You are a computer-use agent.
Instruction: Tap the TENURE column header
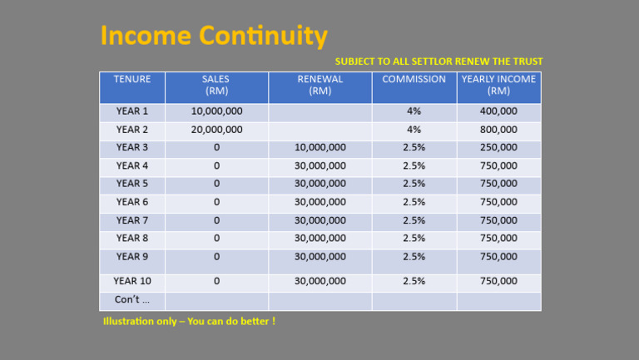[132, 80]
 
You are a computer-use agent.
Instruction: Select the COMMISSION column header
[414, 80]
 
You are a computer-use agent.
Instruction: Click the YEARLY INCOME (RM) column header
[498, 86]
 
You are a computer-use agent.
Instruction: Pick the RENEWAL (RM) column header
[320, 86]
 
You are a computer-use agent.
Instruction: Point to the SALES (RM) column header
[216, 86]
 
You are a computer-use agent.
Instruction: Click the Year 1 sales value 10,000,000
[216, 111]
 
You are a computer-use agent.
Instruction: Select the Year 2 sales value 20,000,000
[216, 130]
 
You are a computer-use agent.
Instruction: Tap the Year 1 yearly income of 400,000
[498, 111]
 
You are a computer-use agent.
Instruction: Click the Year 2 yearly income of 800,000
[498, 130]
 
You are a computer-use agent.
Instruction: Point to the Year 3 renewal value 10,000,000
[320, 147]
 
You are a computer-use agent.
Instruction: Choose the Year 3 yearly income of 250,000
[498, 147]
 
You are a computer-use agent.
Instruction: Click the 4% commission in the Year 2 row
[414, 130]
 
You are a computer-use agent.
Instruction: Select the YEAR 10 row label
[131, 281]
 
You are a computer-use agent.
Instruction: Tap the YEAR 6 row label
[132, 202]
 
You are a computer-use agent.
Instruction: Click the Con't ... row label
[132, 299]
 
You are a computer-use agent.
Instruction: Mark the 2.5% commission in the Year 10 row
[414, 281]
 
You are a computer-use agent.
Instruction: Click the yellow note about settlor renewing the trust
[438, 62]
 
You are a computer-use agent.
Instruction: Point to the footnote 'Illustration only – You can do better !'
[189, 321]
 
